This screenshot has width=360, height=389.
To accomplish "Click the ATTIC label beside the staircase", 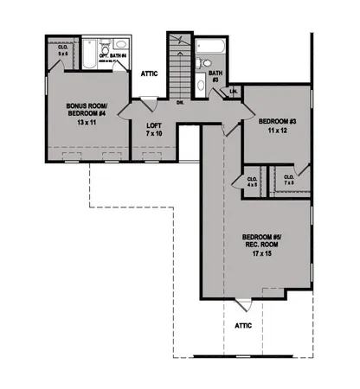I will pos(149,73).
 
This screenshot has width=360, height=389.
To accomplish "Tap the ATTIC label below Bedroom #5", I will pos(243,326).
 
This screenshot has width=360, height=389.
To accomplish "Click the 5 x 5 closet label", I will pos(62,50).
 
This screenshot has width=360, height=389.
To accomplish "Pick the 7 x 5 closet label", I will pos(288,182).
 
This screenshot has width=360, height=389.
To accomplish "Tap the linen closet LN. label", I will pos(234,91).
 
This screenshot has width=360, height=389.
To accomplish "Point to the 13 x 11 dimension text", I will pos(87,123).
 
